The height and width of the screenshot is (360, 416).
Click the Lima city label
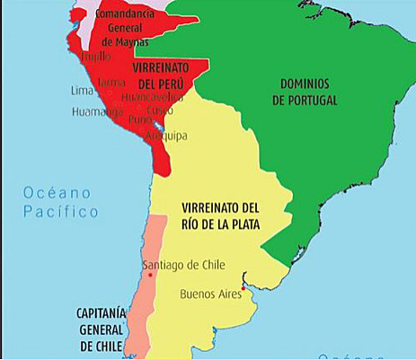coord(84,90)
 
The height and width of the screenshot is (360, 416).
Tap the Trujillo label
coord(99,55)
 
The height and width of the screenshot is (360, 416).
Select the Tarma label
coord(111,82)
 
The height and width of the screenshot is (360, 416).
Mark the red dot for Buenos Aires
coord(243,288)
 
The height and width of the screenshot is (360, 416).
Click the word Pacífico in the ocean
coord(60,212)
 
